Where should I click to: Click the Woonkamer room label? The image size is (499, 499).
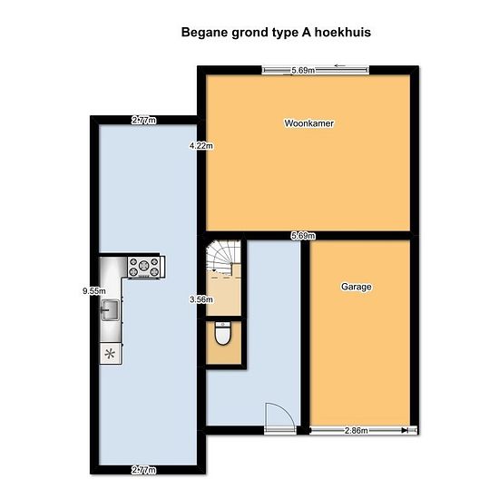(309, 123)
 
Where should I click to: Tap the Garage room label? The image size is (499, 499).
(357, 287)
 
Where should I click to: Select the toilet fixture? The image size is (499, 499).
(223, 333)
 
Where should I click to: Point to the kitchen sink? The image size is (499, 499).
(110, 310)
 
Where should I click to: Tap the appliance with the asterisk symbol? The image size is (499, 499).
(110, 353)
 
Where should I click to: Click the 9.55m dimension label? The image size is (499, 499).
(93, 291)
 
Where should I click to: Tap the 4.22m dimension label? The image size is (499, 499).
(201, 146)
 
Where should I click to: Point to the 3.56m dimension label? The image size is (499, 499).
(201, 299)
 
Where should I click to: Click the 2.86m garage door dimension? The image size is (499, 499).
(357, 431)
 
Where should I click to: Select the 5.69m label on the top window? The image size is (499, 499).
(303, 71)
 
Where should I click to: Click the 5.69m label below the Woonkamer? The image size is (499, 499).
(303, 236)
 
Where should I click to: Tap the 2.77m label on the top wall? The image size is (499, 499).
(144, 121)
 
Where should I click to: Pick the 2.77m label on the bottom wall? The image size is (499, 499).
(144, 470)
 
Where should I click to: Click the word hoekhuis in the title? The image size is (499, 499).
(343, 33)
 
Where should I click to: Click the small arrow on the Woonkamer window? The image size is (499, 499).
(340, 66)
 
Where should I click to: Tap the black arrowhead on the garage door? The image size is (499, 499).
(405, 431)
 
